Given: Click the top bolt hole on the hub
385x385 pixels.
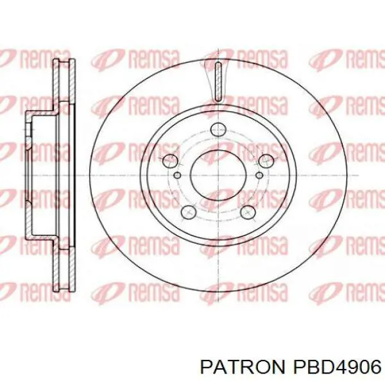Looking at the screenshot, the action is tap(218, 130).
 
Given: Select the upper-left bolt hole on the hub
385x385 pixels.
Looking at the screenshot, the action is tap(170, 161).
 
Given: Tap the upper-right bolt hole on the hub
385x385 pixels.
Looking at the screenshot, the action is tap(266, 161).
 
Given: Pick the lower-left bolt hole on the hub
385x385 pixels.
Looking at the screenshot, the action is tap(188, 212).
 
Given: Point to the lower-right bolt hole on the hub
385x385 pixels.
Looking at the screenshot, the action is tap(248, 212).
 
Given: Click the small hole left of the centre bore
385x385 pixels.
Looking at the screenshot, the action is tap(177, 175).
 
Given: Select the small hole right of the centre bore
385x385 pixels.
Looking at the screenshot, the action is tap(259, 175).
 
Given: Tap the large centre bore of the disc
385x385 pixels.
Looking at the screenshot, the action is tap(218, 176).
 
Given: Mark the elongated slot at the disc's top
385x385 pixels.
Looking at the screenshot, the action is tap(218, 81).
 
